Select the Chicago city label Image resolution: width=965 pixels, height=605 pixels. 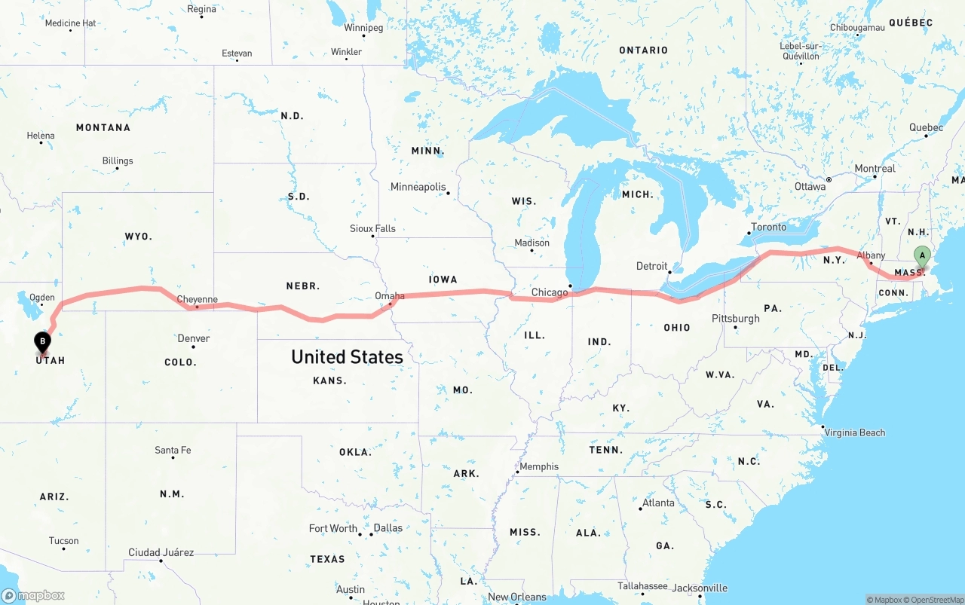[x=550, y=292]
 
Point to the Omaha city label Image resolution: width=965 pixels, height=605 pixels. [x=390, y=296]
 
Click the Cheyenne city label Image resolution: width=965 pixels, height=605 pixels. [x=197, y=299]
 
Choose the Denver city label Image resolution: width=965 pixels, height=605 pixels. [x=194, y=338]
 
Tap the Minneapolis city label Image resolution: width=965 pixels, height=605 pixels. [x=418, y=187]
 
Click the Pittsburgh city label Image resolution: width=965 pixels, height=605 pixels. [x=736, y=318]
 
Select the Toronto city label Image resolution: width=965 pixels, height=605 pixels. [x=768, y=227]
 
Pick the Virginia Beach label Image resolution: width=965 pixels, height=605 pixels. [x=855, y=432]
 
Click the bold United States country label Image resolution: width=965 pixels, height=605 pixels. [x=347, y=356]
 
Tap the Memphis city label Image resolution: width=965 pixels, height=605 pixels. [x=539, y=466]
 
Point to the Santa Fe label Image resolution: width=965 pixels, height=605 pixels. [x=173, y=450]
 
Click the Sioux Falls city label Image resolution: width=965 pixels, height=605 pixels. [x=372, y=228]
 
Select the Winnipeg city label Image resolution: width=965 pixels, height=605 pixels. [x=363, y=28]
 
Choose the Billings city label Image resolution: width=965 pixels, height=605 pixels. [x=118, y=160]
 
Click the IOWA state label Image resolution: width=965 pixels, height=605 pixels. [x=443, y=280]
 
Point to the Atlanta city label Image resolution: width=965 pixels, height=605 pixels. [x=658, y=503]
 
